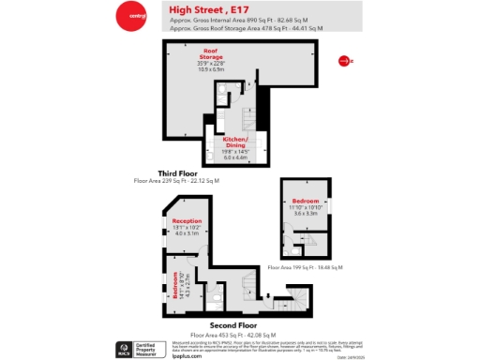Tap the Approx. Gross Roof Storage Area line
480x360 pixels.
pos(246,28)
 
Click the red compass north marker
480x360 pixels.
pos(344,62)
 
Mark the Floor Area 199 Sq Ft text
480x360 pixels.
pos(305,267)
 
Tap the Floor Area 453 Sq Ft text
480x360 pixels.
pos(232,335)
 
